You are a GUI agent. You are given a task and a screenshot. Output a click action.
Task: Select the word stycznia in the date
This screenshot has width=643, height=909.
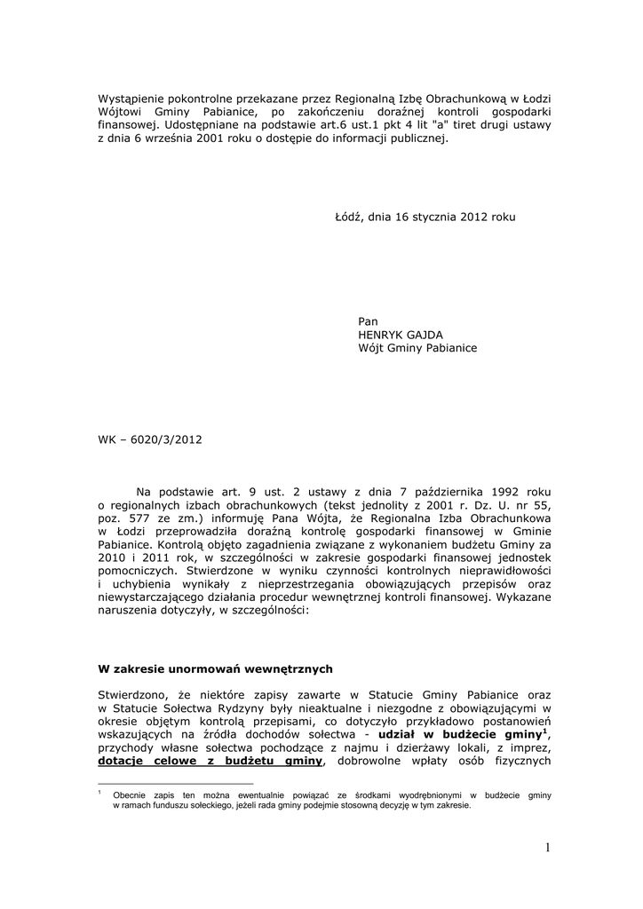coord(436,217)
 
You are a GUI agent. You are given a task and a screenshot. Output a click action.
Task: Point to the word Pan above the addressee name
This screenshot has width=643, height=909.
coord(368,320)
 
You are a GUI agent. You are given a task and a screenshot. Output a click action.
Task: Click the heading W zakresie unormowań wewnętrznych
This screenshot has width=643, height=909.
coord(215,668)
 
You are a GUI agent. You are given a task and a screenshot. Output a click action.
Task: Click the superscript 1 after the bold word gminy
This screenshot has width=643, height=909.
coord(544,731)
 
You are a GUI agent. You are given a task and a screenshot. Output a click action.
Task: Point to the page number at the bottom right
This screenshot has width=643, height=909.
coord(548,849)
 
